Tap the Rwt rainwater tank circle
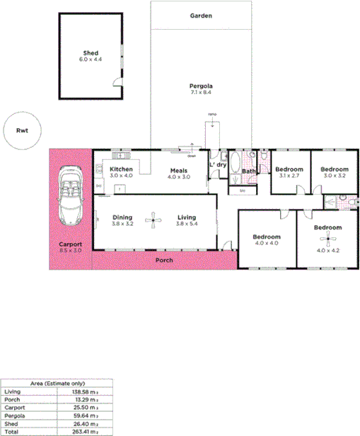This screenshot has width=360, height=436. (21, 131)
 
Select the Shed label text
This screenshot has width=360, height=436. (90, 53)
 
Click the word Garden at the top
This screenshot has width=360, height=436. (201, 16)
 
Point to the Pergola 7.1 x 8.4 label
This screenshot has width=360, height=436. (201, 88)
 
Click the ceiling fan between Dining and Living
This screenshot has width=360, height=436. (151, 222)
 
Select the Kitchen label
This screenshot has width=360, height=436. (121, 170)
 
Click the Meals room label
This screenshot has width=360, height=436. (178, 170)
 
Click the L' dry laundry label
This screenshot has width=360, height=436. (217, 164)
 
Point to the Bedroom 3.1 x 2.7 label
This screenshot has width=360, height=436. (289, 170)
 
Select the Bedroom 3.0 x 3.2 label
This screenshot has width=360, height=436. (334, 170)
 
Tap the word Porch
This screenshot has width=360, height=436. (164, 260)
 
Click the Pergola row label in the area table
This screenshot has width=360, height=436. (12, 415)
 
